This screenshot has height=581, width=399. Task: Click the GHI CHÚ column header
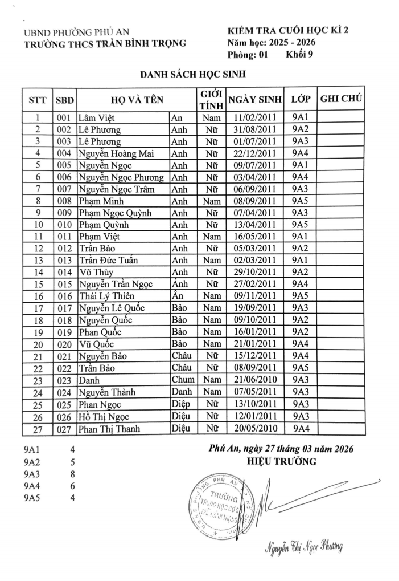342,98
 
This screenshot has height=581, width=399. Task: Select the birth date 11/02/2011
255,117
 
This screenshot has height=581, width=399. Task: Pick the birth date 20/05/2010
255,428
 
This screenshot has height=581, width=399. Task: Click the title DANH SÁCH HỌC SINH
194,74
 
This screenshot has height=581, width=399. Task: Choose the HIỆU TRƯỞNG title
282,461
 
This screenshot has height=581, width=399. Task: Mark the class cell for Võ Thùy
300,272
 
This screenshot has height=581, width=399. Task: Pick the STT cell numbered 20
37,344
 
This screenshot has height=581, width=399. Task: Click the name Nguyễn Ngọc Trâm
114,189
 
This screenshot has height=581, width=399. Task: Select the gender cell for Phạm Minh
211,201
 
